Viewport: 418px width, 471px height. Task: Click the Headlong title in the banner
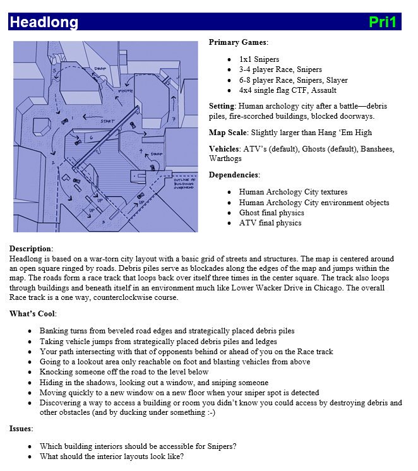(x=44, y=23)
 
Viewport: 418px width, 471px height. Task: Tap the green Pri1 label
(x=383, y=23)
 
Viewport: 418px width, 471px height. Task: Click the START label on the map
(x=107, y=121)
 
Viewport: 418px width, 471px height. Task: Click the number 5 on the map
(x=55, y=70)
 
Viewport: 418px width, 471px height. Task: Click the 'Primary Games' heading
(x=238, y=42)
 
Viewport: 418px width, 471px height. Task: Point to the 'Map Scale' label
(x=228, y=133)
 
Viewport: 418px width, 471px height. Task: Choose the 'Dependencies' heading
(x=234, y=175)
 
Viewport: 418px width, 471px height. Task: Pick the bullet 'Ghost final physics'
(x=270, y=212)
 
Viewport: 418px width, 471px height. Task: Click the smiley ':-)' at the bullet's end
(x=206, y=412)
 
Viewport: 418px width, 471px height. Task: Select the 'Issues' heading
(x=21, y=429)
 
